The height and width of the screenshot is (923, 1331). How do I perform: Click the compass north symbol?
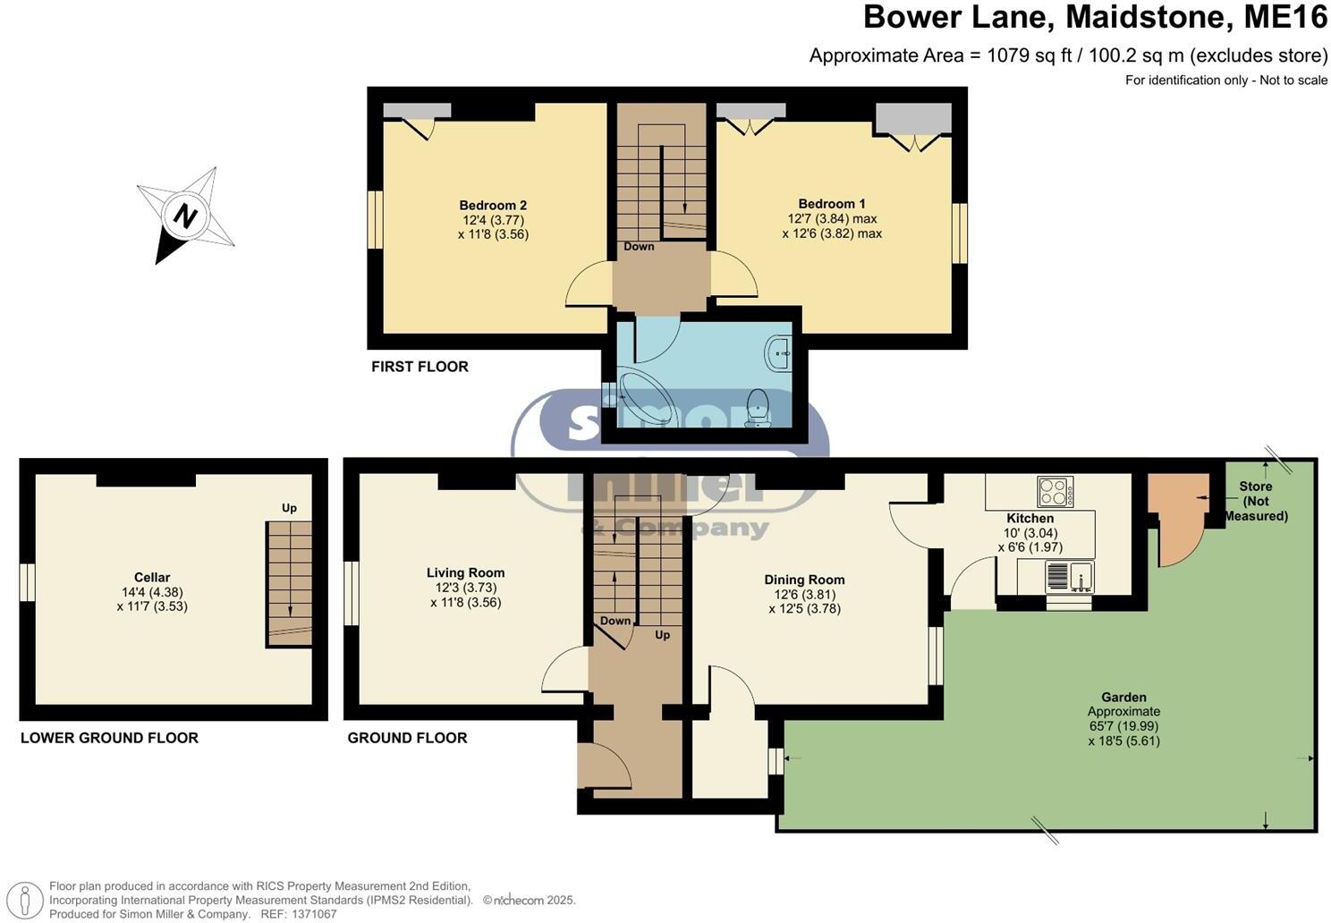185,216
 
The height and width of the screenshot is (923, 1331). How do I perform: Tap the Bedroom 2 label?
493,205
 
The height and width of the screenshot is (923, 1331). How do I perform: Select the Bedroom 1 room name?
832,204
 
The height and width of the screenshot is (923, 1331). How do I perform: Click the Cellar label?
152,577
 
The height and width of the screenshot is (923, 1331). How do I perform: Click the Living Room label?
465,572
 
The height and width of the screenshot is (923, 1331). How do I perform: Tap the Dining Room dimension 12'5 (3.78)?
804,609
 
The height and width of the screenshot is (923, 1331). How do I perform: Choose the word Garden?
1123,697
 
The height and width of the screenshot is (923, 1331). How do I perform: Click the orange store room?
1174,519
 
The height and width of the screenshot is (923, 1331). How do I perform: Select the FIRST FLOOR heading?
420,367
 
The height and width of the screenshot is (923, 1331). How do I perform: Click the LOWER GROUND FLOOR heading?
109,738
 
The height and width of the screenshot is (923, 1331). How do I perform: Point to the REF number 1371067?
311,914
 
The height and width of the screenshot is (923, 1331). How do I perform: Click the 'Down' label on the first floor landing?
639,247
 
